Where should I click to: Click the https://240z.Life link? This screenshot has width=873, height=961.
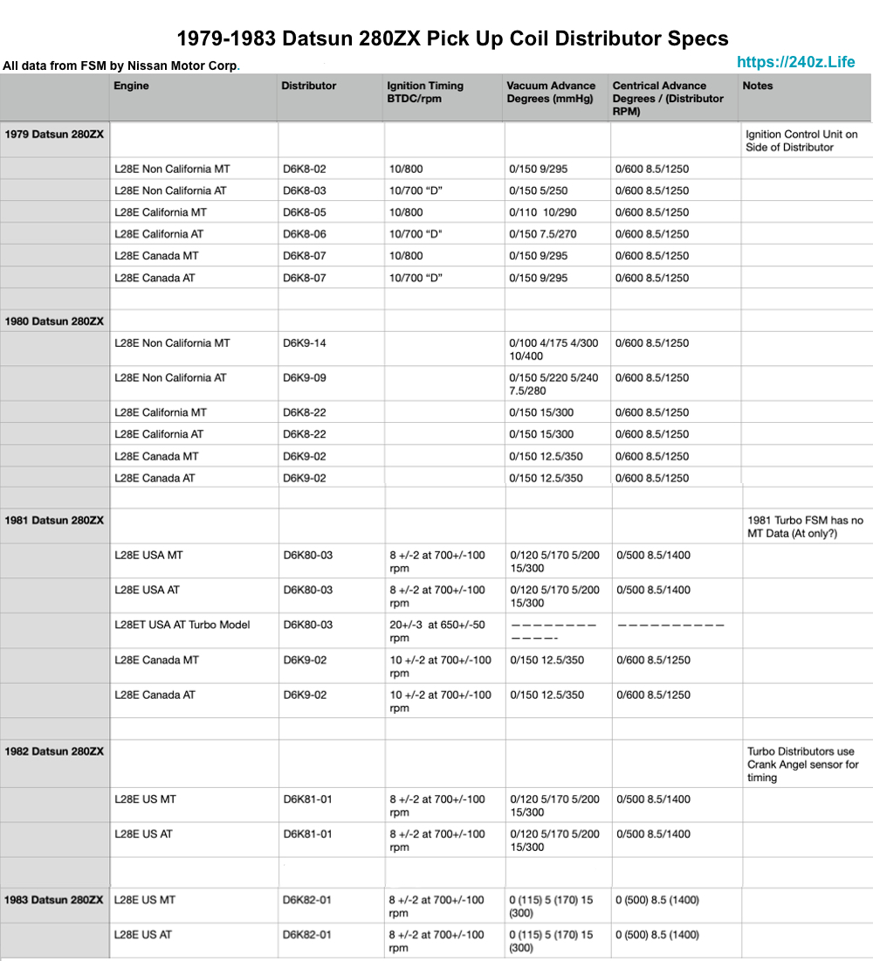point(795,62)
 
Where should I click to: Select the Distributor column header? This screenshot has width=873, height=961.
point(308,86)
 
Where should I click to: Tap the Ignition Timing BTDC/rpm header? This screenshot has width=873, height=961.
point(425,92)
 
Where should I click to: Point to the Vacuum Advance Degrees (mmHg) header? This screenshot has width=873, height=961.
point(550,92)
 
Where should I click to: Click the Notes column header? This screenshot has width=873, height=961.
point(757,86)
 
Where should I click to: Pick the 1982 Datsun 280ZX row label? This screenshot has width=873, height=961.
point(54,751)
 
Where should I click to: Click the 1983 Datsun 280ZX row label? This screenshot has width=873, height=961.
point(54,900)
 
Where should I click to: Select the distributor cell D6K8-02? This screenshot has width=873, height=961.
point(305,169)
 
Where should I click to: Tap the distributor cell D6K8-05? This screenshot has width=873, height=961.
point(305,212)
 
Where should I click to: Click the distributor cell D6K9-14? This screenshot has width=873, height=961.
point(305,343)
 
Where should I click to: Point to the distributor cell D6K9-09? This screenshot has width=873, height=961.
point(305,378)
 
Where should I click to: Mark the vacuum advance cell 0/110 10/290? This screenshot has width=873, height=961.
point(542,212)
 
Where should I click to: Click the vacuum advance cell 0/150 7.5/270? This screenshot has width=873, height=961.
point(543,234)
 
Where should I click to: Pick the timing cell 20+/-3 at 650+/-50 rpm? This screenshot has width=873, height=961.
point(437,631)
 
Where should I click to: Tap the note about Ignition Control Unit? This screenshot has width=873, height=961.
point(801,141)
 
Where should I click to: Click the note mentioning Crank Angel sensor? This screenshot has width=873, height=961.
point(802,764)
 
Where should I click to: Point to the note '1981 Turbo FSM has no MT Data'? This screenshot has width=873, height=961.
point(804,527)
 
